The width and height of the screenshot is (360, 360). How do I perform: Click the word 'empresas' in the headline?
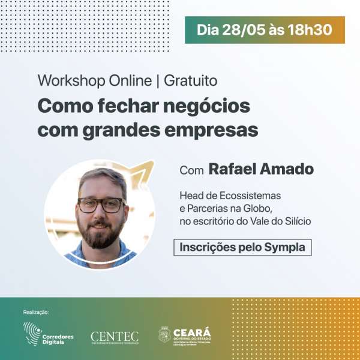214,129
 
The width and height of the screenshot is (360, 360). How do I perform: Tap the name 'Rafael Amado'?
261,169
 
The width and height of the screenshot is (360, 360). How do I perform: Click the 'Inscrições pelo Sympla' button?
242,247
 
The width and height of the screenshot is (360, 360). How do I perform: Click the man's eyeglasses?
100,205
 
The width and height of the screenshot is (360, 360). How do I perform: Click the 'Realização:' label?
35,312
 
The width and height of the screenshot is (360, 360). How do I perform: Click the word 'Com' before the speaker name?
191,170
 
